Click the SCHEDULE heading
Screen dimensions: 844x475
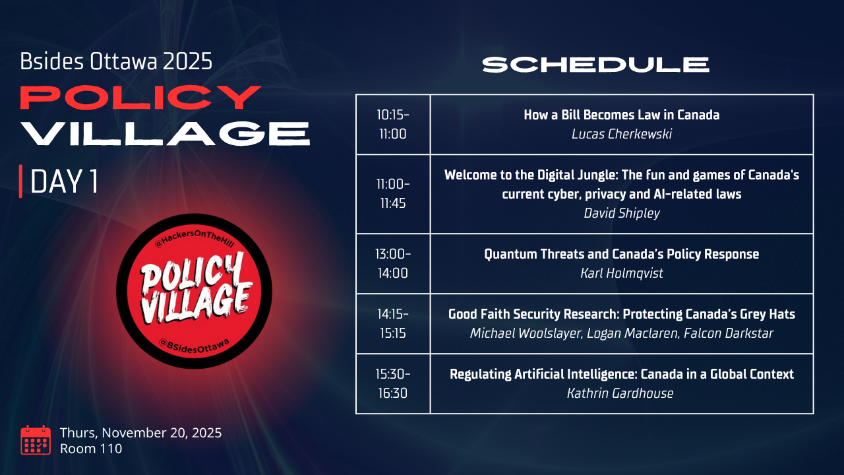(x=595, y=65)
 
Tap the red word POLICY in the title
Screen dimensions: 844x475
(x=140, y=97)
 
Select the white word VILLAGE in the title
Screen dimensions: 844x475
(x=165, y=133)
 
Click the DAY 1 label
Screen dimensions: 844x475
(x=64, y=181)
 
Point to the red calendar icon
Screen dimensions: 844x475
(x=36, y=440)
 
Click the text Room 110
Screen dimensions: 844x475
(x=91, y=449)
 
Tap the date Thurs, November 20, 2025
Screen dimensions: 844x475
(x=140, y=433)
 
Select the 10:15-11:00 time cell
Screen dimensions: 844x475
(x=393, y=125)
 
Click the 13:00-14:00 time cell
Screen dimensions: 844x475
(x=393, y=263)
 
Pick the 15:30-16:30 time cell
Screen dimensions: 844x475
(x=393, y=384)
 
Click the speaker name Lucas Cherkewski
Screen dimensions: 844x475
(x=622, y=134)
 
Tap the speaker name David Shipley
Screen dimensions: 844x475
(x=622, y=213)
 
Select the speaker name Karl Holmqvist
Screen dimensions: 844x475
(x=622, y=273)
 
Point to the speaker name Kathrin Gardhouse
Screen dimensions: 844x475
(x=620, y=394)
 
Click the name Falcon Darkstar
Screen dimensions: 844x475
(x=729, y=333)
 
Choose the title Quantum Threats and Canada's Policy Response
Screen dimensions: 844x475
(x=622, y=254)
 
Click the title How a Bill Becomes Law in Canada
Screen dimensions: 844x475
(x=622, y=115)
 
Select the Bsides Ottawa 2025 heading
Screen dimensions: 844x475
(x=116, y=61)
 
